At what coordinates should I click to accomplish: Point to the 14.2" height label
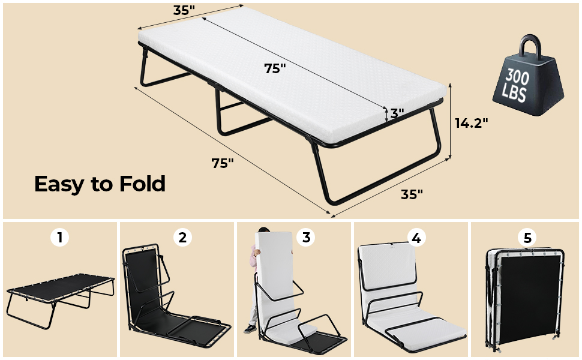tap(471, 123)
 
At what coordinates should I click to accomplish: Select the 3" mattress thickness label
tap(397, 113)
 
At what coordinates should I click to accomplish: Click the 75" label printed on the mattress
tap(274, 68)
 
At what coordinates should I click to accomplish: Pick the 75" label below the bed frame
tap(222, 163)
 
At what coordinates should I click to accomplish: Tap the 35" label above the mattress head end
tap(185, 10)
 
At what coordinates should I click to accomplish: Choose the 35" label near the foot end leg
tap(412, 194)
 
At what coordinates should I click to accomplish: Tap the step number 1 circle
tap(59, 238)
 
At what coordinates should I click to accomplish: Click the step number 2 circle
tap(182, 238)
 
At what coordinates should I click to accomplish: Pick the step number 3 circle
tap(306, 238)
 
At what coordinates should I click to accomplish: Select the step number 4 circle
tap(415, 238)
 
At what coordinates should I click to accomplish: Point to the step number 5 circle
tap(527, 238)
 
